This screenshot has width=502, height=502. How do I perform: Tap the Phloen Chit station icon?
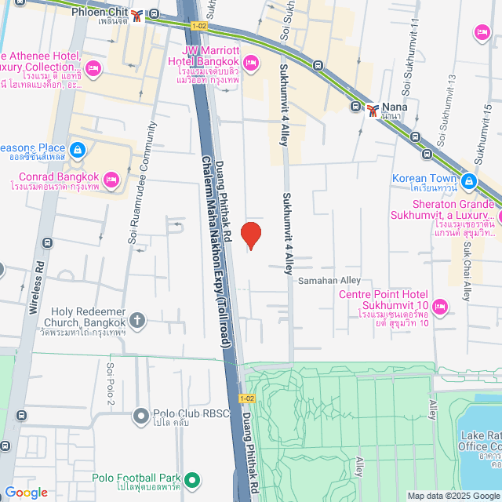[138, 15]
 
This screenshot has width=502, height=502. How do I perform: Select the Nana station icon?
[373, 109]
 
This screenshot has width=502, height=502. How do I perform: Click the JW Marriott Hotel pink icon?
[252, 61]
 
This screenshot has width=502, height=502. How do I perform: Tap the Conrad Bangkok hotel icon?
[111, 180]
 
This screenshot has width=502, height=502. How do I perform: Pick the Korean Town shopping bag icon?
[469, 182]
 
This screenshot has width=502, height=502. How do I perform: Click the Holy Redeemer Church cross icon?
[137, 320]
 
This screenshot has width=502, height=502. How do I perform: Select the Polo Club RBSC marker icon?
[141, 415]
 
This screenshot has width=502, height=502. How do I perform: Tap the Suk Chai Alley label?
[465, 271]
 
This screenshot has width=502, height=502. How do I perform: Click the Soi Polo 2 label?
[111, 384]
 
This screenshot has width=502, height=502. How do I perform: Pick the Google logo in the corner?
[26, 493]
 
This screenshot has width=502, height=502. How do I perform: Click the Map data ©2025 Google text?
[452, 496]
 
